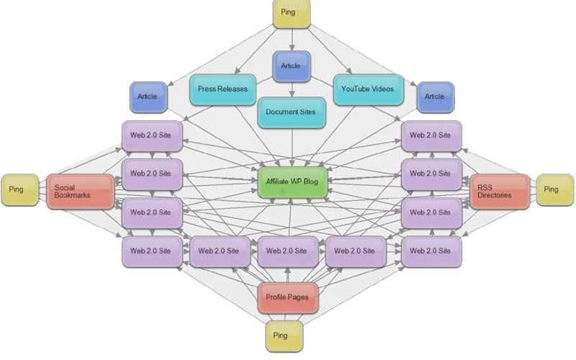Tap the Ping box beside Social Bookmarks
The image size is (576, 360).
point(16,189)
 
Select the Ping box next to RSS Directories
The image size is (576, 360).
point(551,189)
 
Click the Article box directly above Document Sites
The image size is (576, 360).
point(291,66)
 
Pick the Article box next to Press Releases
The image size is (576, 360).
point(148,96)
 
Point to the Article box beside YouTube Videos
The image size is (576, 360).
point(434,96)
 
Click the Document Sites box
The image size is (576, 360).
point(291,112)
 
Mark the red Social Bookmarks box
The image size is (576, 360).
point(81,192)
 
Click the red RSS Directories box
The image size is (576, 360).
point(500,192)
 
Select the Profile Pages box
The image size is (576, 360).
point(287,297)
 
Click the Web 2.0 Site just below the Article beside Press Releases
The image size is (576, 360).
point(151,135)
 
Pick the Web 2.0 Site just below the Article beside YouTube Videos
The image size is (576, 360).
point(431,135)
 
